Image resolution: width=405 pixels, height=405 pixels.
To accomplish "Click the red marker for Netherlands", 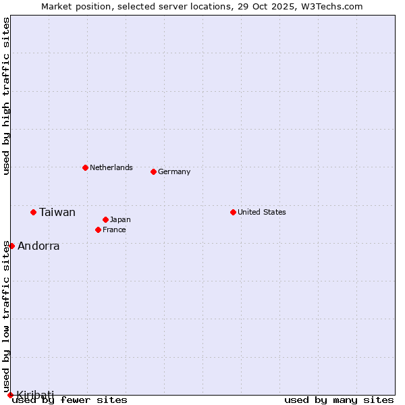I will point(85,167).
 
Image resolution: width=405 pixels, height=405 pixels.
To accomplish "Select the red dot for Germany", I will point(153,171).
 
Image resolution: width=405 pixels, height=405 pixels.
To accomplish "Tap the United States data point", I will point(233,212).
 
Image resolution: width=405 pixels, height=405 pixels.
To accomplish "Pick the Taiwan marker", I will point(33,212).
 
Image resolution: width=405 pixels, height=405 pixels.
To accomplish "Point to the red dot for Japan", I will point(105,219).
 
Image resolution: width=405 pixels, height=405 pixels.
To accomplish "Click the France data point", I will point(98,230).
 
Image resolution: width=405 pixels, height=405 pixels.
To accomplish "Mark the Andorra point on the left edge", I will point(11,246).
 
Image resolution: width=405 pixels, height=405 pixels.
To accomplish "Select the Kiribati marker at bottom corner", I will point(10,395).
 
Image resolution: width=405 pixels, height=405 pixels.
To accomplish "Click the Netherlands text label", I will point(111,167).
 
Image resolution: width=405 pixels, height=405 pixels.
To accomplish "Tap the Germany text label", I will point(174,171).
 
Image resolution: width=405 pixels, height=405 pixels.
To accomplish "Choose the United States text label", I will point(262,212).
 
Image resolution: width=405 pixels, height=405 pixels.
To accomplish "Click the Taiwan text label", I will point(57,212).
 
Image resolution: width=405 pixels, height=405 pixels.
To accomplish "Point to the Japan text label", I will point(120,219).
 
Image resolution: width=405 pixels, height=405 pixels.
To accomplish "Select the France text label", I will point(114,230).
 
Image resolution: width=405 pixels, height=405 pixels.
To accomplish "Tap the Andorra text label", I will point(38,246).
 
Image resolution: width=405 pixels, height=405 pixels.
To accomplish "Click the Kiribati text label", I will point(35,395).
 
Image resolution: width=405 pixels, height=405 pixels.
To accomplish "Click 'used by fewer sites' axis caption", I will point(70,400).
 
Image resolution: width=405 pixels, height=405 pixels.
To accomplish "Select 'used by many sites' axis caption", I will point(339,400).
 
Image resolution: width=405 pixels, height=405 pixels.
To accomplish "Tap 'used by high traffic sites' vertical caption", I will point(6,97).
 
